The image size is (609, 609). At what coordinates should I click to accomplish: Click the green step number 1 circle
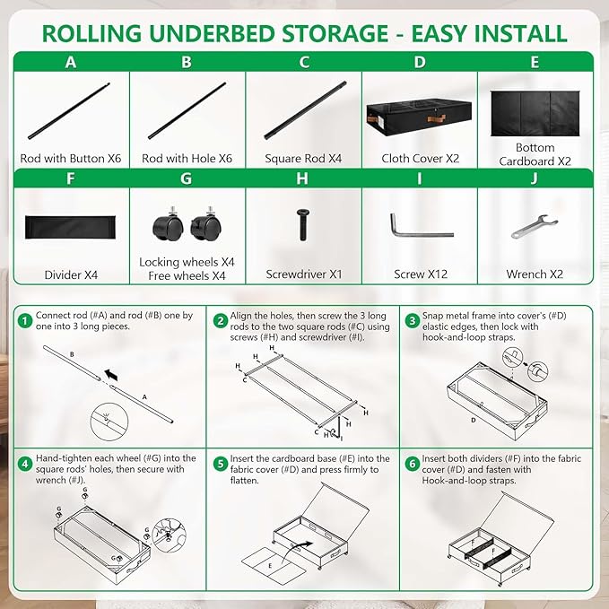pyautogui.click(x=25, y=321)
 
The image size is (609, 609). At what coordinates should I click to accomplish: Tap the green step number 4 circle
pyautogui.click(x=25, y=464)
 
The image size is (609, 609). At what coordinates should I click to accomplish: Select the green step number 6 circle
pyautogui.click(x=412, y=464)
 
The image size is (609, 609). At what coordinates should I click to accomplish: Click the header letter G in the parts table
pyautogui.click(x=186, y=178)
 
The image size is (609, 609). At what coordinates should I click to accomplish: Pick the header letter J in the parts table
pyautogui.click(x=535, y=178)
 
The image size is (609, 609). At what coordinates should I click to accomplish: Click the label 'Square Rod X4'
pyautogui.click(x=303, y=159)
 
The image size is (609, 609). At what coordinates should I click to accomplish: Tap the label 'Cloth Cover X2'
pyautogui.click(x=421, y=159)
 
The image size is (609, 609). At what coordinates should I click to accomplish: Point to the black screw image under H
pyautogui.click(x=303, y=225)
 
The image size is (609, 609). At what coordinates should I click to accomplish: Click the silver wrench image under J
pyautogui.click(x=534, y=226)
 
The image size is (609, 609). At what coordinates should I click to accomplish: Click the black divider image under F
pyautogui.click(x=70, y=227)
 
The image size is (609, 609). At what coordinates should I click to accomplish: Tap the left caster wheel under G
pyautogui.click(x=169, y=226)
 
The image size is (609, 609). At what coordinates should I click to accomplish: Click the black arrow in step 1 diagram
pyautogui.click(x=111, y=375)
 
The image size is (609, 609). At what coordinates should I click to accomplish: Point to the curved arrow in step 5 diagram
pyautogui.click(x=296, y=551)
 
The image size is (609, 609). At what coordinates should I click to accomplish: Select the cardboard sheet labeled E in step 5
pyautogui.click(x=274, y=565)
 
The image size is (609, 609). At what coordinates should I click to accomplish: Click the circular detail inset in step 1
pyautogui.click(x=109, y=422)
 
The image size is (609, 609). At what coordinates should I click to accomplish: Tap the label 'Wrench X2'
pyautogui.click(x=535, y=274)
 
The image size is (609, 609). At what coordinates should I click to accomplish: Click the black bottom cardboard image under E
pyautogui.click(x=535, y=113)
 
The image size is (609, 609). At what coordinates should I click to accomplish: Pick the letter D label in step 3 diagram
pyautogui.click(x=473, y=421)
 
